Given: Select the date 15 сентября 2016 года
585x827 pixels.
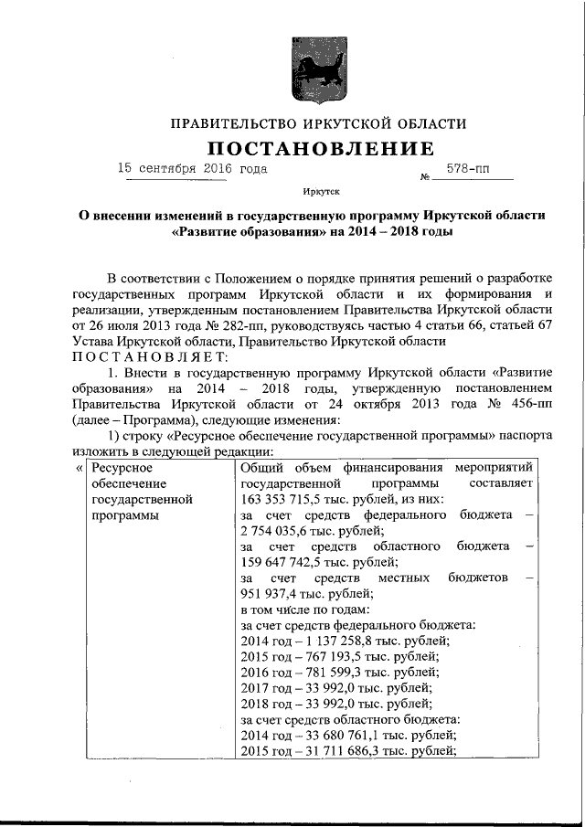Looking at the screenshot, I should pyautogui.click(x=194, y=169).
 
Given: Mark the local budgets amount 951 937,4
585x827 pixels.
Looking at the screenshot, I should pyautogui.click(x=267, y=594).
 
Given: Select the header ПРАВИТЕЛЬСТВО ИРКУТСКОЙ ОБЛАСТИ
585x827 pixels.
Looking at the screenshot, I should pyautogui.click(x=306, y=123).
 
